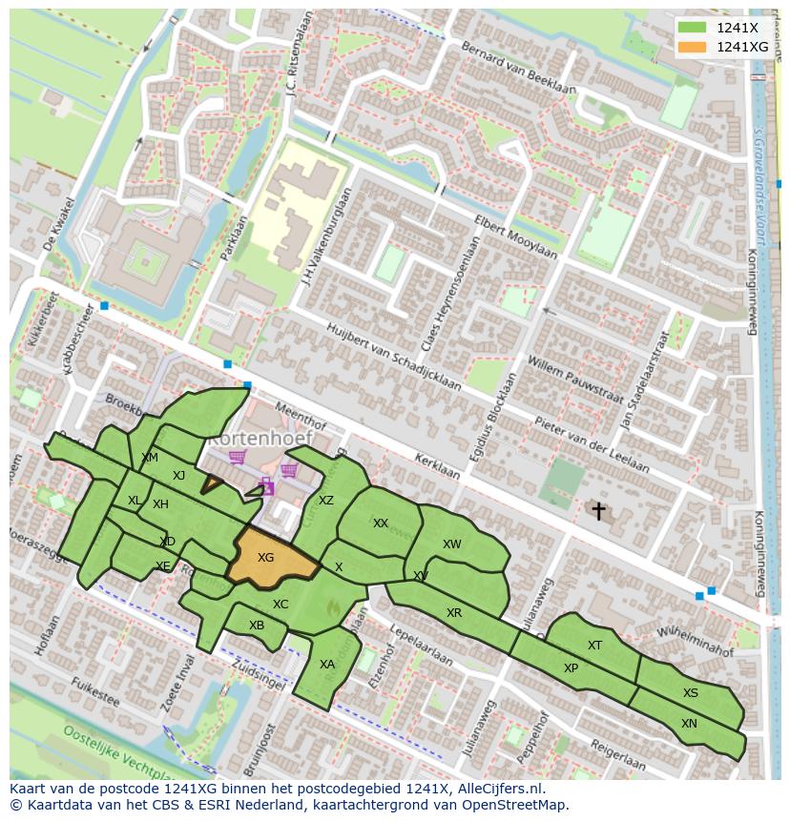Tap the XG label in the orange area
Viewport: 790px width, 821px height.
266,558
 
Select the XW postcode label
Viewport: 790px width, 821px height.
452,544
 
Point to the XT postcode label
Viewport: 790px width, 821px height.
594,646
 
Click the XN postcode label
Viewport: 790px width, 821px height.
689,724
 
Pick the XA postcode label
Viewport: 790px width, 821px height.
327,665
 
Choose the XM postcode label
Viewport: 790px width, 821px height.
150,458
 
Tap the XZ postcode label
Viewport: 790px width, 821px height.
326,501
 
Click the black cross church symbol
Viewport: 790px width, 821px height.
598,511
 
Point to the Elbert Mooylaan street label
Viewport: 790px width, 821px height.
516,236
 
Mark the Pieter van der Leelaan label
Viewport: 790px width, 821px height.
592,443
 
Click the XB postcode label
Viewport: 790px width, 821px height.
257,626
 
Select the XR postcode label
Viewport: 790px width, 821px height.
454,613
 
